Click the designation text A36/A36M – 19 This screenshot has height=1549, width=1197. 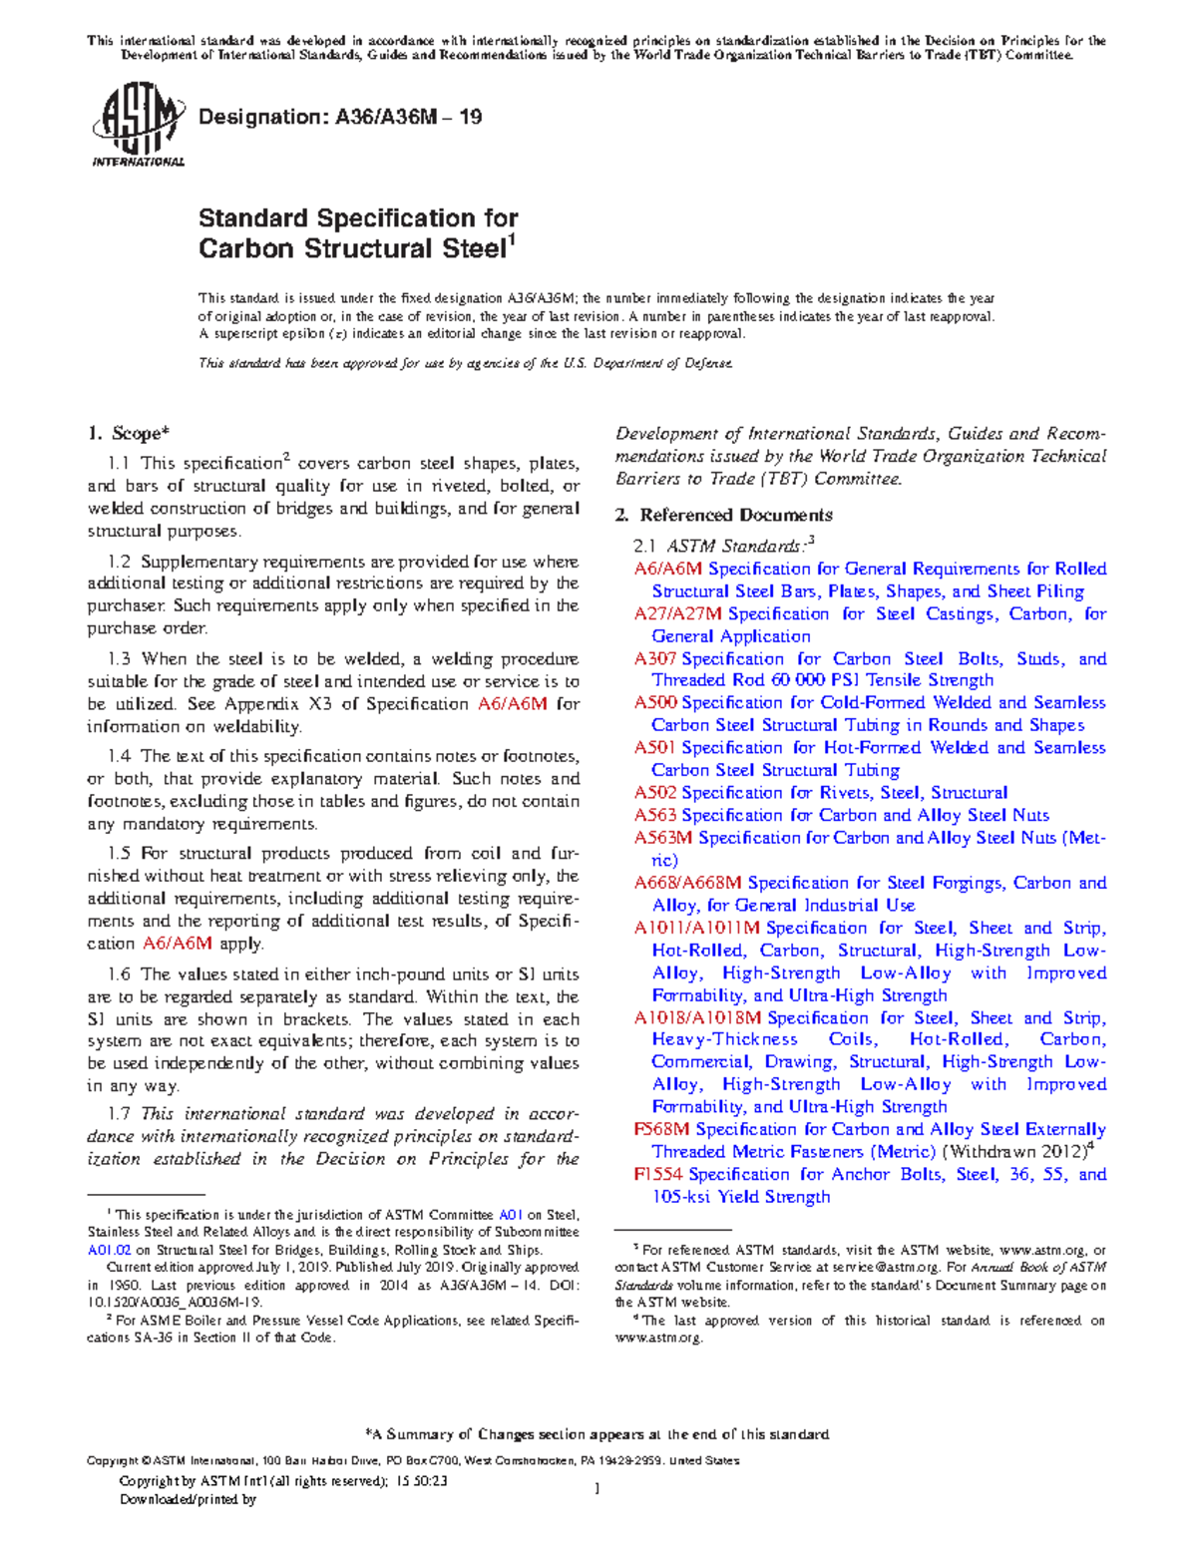(x=340, y=118)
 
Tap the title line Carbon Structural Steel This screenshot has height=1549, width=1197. (x=353, y=249)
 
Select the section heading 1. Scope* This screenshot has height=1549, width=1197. (x=129, y=434)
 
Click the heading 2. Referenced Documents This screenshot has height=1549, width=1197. (x=724, y=515)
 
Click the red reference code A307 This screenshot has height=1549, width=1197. (x=654, y=659)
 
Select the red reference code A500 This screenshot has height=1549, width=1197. (x=654, y=703)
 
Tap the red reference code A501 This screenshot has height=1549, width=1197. (x=654, y=748)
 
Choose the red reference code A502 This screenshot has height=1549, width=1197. (x=654, y=793)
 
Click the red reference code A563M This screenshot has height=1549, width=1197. (x=662, y=838)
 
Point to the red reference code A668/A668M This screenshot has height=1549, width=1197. (x=687, y=883)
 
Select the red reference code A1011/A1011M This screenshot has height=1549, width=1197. (x=696, y=928)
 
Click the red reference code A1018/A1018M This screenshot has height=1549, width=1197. (x=697, y=1018)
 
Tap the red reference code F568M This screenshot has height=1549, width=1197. (x=661, y=1129)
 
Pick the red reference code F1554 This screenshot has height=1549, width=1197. (x=658, y=1174)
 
